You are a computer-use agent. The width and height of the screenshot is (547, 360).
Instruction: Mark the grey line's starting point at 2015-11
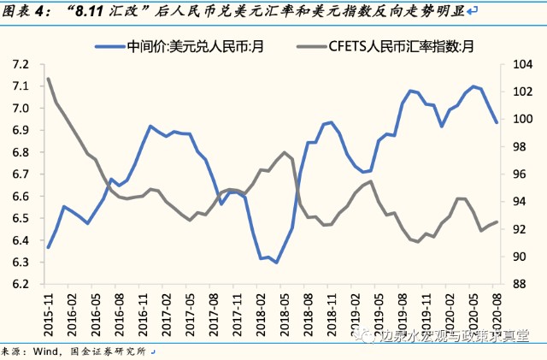coord(49,79)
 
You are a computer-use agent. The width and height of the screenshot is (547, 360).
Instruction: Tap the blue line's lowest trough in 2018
coord(277,262)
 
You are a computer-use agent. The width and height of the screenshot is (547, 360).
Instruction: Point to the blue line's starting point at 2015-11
coord(49,248)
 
